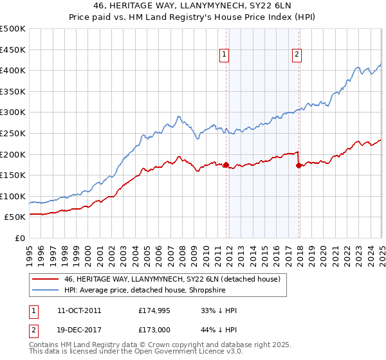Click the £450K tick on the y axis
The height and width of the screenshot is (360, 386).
point(14,50)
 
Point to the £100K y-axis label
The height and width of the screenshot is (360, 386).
point(14,196)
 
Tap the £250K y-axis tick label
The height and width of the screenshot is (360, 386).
point(14,133)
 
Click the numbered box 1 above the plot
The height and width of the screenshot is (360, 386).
point(225,55)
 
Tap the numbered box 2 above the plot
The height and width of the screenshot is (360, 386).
point(297,55)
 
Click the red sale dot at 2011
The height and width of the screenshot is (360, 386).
point(226,165)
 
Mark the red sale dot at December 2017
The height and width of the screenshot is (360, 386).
point(299,165)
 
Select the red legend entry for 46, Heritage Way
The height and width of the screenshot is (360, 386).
point(172,280)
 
